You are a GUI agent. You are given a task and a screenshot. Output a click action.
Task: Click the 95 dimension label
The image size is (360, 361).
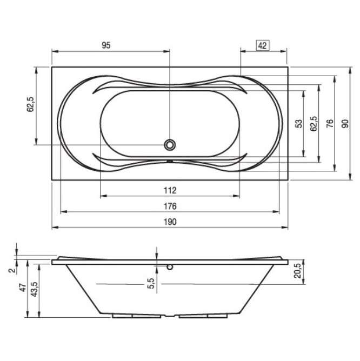(106, 45)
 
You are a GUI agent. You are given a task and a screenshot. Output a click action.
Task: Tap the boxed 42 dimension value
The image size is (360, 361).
(263, 45)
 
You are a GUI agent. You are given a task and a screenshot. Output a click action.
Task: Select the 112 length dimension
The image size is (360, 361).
(170, 190)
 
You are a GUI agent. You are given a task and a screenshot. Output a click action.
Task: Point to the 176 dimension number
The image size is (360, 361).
(170, 206)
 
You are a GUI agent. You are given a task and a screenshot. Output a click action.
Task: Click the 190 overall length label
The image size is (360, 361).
(170, 222)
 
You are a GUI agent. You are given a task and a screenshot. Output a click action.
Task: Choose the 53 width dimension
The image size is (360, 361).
(299, 124)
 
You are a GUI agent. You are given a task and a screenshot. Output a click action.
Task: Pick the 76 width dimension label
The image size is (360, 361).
(330, 124)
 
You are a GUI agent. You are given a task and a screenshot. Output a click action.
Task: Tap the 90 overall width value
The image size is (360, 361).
(345, 124)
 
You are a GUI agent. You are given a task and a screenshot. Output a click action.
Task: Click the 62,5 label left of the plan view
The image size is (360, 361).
(30, 104)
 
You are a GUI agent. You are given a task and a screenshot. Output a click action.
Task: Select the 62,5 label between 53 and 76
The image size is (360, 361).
(314, 124)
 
